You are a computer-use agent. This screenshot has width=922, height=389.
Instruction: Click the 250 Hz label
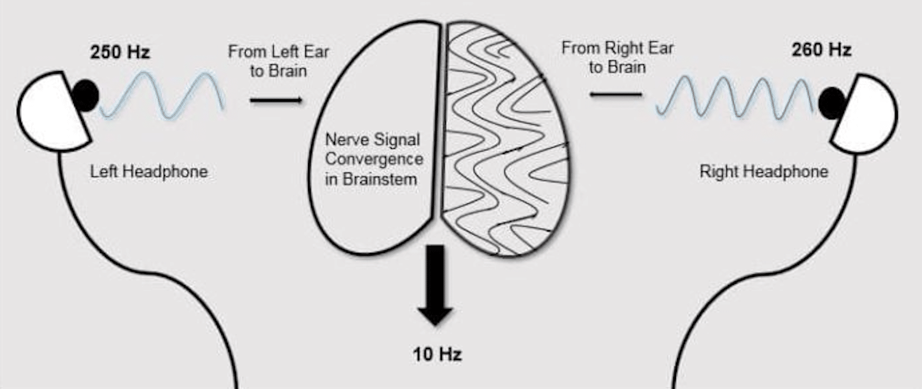[x=120, y=53]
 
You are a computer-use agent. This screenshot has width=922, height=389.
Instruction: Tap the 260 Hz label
[x=821, y=50]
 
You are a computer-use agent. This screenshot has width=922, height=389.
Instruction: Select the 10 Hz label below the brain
[x=437, y=354]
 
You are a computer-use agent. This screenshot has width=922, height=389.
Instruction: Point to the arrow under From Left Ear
[x=276, y=100]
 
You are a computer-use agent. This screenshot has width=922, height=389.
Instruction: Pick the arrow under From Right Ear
[x=616, y=95]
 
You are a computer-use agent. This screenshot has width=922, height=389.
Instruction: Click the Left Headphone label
[x=149, y=172]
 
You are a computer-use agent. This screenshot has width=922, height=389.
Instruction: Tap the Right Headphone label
[x=764, y=172]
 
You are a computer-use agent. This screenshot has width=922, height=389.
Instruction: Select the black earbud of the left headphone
[x=86, y=96]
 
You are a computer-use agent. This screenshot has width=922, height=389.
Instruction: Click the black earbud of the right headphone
[x=831, y=103]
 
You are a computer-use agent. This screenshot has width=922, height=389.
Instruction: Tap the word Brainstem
[x=380, y=179]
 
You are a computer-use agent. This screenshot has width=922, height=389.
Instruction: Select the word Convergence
[x=374, y=159]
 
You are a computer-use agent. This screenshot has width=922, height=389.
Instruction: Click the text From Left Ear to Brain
[x=278, y=61]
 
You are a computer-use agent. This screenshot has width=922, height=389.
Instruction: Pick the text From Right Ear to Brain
[x=617, y=57]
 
